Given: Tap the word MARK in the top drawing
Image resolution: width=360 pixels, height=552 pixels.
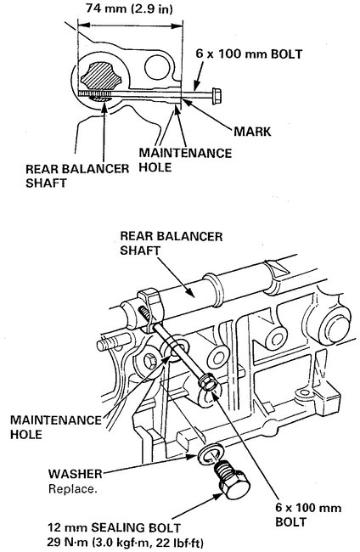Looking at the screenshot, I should [x=254, y=132].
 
